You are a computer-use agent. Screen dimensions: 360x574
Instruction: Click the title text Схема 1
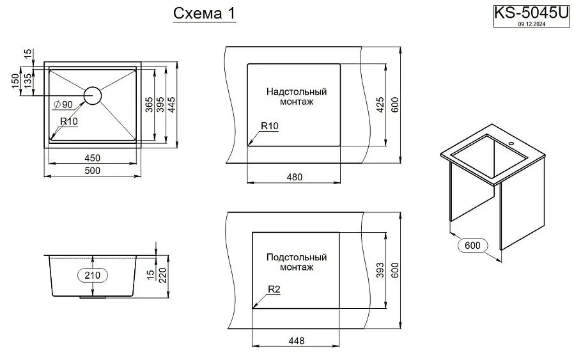point(204,13)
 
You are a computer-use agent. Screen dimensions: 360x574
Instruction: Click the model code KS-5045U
point(531,13)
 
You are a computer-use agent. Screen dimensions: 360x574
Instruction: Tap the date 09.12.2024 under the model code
point(530,24)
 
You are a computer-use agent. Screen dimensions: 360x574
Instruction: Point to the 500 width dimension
point(93,170)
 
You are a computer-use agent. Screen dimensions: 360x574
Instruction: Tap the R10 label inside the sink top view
point(68,121)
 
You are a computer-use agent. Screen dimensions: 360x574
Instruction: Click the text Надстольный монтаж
point(297,97)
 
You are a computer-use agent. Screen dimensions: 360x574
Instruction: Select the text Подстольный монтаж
point(297,262)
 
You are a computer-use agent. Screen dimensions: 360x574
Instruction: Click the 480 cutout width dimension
point(294,176)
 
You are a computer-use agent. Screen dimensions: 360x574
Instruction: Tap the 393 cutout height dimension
point(380,272)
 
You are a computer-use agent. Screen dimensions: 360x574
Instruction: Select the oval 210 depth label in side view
point(93,276)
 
